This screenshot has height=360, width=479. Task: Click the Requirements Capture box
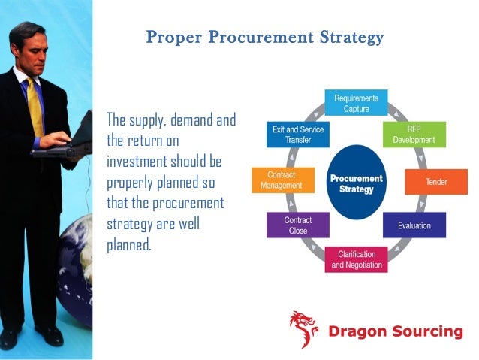[x=356, y=103]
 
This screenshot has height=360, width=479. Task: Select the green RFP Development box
[x=414, y=134]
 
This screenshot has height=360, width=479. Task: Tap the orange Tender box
[x=426, y=182]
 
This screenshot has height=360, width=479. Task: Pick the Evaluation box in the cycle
[x=414, y=224]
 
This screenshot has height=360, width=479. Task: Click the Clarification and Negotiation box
[x=356, y=259]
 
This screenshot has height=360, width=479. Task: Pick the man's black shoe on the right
[x=50, y=336]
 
